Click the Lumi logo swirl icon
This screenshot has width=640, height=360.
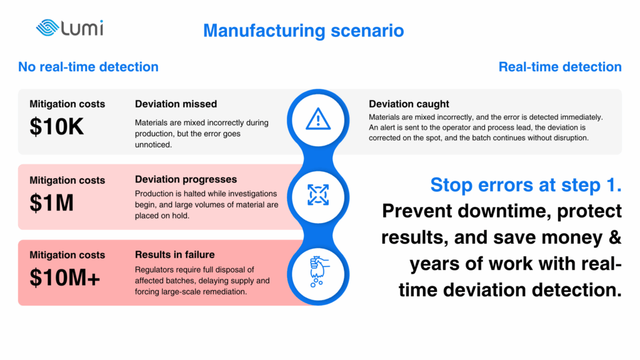(x=47, y=27)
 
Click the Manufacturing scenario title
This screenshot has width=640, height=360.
(x=304, y=31)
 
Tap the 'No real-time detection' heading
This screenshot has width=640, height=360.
(x=88, y=67)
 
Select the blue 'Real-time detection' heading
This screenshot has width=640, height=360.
(x=560, y=67)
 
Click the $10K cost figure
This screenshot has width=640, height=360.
(x=56, y=126)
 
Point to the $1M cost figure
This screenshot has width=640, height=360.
(x=51, y=203)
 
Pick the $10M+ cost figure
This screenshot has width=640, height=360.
(x=64, y=278)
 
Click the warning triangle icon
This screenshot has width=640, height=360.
(x=318, y=119)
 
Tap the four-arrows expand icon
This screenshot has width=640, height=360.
(x=318, y=195)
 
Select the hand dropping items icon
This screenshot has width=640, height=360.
(x=319, y=271)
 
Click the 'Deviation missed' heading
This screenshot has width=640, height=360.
(x=176, y=104)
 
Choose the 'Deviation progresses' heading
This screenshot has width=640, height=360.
(x=186, y=179)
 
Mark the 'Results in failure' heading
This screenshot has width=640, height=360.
(x=175, y=255)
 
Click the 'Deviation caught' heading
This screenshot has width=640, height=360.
(x=409, y=104)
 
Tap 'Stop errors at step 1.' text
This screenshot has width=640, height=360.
(x=526, y=185)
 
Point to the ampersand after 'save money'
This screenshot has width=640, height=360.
(x=615, y=237)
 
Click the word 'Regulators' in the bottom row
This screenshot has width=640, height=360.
(x=153, y=270)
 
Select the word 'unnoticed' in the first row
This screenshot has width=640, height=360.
(x=153, y=145)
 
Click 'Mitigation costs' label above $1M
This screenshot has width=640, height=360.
(x=67, y=181)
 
